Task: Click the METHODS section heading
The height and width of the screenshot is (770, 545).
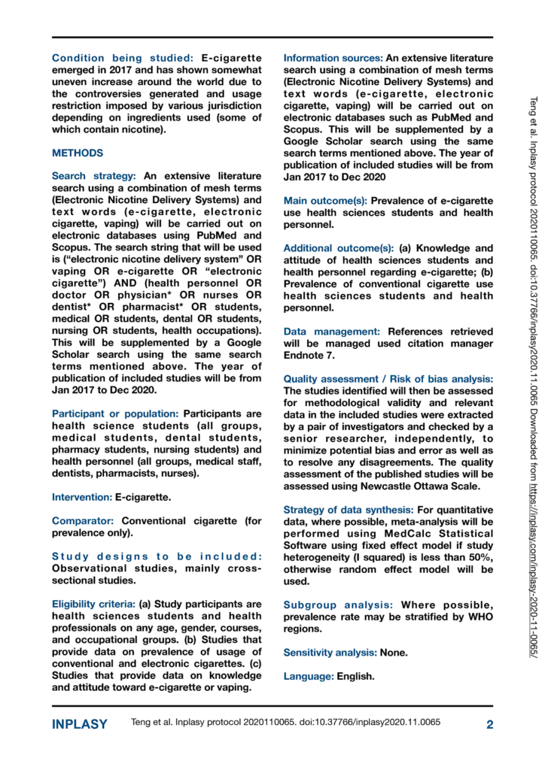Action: point(78,153)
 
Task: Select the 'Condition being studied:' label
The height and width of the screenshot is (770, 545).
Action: point(123,58)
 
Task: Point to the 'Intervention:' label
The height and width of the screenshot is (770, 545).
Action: point(81,497)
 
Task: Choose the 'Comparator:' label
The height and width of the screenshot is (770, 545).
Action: point(84,521)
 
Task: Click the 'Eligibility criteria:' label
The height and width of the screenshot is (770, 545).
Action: point(93,605)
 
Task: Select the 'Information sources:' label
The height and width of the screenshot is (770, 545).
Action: point(332,58)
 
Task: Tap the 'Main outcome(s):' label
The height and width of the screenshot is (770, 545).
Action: point(324,201)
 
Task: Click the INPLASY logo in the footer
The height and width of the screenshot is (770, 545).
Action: point(79,725)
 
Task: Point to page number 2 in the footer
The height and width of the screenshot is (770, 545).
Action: point(489,725)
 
